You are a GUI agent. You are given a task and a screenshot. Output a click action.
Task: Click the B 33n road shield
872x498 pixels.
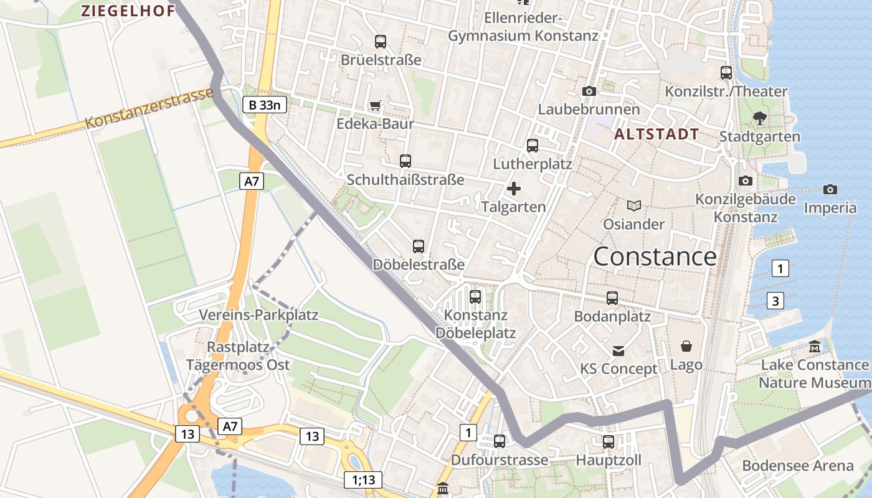[x=264, y=105]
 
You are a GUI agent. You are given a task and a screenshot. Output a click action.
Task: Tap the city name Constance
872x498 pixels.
[x=655, y=256]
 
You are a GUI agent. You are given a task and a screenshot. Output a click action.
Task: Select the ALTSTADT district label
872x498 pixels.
[x=656, y=134]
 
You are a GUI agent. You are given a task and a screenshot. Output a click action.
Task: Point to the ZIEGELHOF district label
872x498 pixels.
[x=128, y=11]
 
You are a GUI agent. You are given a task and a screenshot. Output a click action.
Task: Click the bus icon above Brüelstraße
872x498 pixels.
[x=381, y=42]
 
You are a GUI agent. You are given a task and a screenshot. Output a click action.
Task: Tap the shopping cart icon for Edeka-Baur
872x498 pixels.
[x=375, y=106]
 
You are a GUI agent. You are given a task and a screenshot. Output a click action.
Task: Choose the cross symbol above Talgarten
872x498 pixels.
[x=514, y=188]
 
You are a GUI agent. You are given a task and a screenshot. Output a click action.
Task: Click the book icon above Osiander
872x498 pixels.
[x=634, y=205]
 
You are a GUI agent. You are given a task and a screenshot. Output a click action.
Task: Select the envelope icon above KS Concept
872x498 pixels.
[x=618, y=351]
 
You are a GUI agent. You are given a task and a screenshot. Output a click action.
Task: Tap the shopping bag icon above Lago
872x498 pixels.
[x=686, y=346]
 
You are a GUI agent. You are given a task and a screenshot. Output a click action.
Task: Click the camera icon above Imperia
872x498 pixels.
[x=830, y=189]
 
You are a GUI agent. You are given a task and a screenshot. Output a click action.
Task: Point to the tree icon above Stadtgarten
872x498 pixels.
[x=759, y=118]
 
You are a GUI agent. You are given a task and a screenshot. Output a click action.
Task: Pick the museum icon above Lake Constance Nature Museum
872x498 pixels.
[x=815, y=346]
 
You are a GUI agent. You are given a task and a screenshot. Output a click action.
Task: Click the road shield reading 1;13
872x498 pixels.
[x=363, y=480]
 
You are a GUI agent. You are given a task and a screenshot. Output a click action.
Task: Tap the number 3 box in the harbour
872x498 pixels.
[x=775, y=301]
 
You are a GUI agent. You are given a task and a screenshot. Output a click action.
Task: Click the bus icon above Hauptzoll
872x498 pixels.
[x=609, y=442]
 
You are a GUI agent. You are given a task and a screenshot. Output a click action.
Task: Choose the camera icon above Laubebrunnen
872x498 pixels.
[x=589, y=92]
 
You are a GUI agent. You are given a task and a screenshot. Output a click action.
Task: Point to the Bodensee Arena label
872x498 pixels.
[x=797, y=466]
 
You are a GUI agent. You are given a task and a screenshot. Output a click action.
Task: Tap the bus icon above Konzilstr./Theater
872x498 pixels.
[x=726, y=73]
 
